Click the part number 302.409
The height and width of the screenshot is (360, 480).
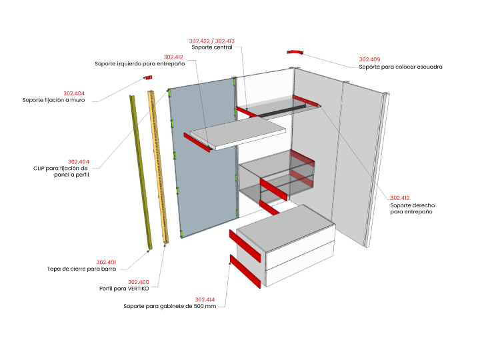coord(369,59)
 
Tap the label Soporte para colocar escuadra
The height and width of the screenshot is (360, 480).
coord(401,67)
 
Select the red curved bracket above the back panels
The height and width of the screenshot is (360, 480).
coord(295,53)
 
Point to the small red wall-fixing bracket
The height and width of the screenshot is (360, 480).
coord(149,77)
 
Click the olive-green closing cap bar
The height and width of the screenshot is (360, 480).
coord(140,171)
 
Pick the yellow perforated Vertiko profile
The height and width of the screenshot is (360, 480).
coord(158,167)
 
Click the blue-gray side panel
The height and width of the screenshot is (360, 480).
coord(203,157)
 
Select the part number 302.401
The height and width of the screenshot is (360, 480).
coord(106,263)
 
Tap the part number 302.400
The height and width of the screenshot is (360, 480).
coord(139,282)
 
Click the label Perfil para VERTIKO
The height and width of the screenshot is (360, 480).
coord(124,289)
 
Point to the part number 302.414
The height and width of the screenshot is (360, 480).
coord(205,299)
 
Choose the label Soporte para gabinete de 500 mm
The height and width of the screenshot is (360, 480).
coord(169,306)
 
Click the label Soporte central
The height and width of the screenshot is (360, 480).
coord(212,47)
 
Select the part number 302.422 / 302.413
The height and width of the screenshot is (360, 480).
coord(212,41)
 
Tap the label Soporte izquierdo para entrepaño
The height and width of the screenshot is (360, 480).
coord(139,64)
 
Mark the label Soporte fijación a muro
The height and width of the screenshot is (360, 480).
coord(53,100)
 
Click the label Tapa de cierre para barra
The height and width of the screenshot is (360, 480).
coord(81,269)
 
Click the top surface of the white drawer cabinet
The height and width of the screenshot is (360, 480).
coord(285,227)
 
